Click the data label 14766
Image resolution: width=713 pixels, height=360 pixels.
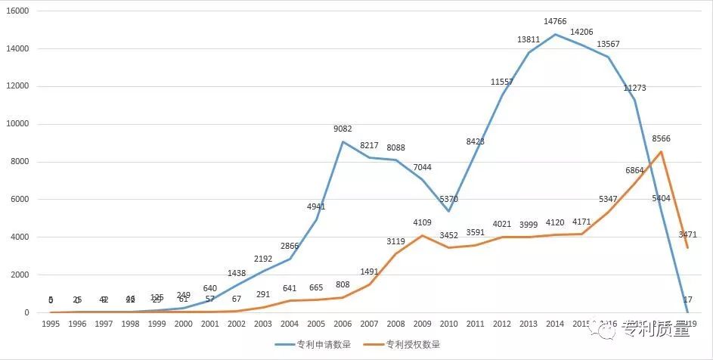tap(555, 21)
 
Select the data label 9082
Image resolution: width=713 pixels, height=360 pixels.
tap(343, 129)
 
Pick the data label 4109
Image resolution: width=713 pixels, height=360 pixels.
tap(422, 222)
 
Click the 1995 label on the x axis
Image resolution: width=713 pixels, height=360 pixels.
tap(51, 324)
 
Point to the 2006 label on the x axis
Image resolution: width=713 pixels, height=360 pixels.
tap(343, 324)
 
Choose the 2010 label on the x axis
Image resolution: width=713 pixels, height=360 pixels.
tap(448, 324)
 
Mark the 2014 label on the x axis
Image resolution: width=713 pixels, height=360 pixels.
tap(555, 324)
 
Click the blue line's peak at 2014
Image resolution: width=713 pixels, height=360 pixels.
tap(555, 34)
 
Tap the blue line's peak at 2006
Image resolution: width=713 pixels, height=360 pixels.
tap(343, 141)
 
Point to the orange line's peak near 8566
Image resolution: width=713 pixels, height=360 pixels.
tap(662, 151)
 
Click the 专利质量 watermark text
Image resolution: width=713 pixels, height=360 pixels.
tap(655, 329)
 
